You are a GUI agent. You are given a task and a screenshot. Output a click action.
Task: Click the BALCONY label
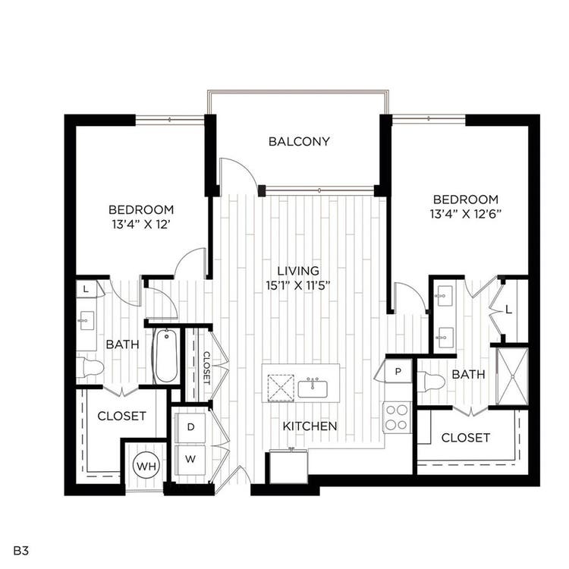(x=299, y=141)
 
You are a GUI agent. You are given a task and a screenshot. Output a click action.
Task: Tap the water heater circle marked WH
(x=146, y=465)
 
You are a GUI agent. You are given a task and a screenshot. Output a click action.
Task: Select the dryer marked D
(x=190, y=427)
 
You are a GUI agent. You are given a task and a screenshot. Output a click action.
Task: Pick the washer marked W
(x=190, y=460)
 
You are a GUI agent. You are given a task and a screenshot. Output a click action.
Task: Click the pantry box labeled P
(x=398, y=371)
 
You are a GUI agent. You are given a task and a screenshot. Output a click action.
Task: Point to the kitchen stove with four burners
(x=397, y=417)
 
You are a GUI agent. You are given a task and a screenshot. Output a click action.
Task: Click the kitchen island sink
(x=313, y=388)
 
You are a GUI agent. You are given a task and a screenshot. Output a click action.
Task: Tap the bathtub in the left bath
(x=166, y=356)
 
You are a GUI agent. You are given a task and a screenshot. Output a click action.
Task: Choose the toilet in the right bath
(x=431, y=382)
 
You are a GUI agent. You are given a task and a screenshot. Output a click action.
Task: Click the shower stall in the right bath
(x=512, y=376)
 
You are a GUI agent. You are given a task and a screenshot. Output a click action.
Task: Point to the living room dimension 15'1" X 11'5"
(x=298, y=285)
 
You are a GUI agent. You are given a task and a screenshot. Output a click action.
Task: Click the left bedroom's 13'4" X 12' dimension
(x=141, y=225)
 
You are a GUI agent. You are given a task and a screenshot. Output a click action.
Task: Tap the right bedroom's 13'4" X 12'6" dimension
(x=466, y=214)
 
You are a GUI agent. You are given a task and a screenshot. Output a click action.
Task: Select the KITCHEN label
(x=310, y=426)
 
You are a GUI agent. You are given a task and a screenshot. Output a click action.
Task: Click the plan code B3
(x=21, y=551)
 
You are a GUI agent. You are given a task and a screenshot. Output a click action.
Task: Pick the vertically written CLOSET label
(x=206, y=368)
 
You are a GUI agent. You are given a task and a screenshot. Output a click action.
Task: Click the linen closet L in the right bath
(x=508, y=310)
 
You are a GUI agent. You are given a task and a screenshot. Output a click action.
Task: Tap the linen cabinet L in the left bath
(x=86, y=289)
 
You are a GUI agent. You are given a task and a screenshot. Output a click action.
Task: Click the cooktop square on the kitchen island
(x=281, y=388)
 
